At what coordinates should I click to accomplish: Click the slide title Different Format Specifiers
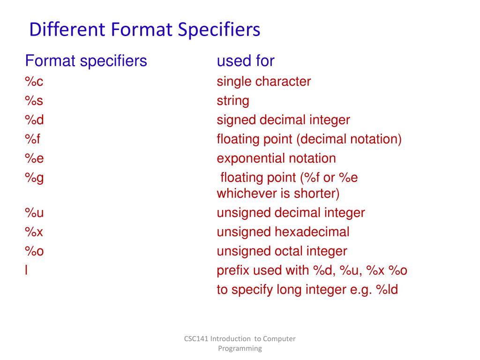tap(144, 30)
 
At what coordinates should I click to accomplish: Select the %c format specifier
tap(34, 82)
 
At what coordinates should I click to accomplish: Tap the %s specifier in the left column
tap(34, 101)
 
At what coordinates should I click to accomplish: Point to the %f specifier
tap(32, 139)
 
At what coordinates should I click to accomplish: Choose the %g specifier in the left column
tap(34, 178)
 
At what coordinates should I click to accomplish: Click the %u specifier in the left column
tap(34, 213)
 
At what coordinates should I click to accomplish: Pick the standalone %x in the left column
tap(34, 232)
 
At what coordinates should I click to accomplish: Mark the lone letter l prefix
tap(26, 270)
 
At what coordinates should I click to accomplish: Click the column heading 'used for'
tap(245, 61)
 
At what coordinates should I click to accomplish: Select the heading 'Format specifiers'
tap(86, 61)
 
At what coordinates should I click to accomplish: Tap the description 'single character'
tap(263, 82)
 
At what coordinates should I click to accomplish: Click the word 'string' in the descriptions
tap(232, 101)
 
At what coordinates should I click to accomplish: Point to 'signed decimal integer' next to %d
tap(283, 120)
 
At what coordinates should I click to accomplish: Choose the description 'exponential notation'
tap(276, 158)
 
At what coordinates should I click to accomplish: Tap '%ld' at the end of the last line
tap(387, 290)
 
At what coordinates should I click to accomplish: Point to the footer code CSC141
tap(196, 339)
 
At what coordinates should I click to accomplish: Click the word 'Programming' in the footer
tap(240, 348)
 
